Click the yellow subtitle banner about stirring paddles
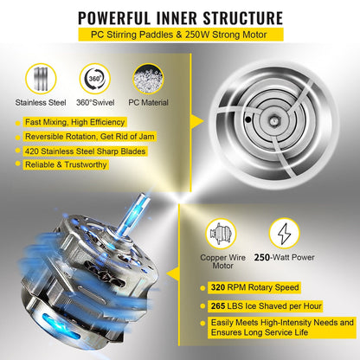(179, 35)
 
